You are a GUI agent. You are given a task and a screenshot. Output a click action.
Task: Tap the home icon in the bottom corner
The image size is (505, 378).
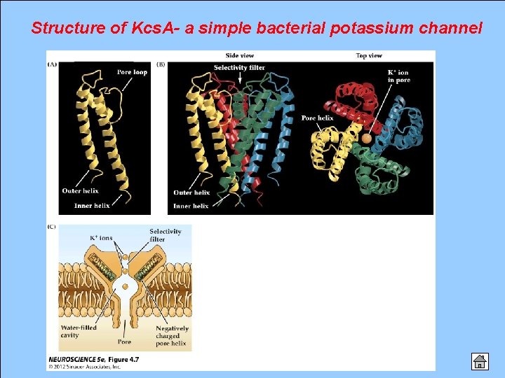click(x=480, y=360)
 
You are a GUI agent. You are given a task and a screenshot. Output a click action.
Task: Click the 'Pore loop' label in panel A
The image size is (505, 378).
click(x=132, y=72)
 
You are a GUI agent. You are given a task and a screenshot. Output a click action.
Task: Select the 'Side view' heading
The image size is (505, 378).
click(x=240, y=55)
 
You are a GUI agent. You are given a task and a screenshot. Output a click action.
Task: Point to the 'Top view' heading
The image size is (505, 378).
click(x=369, y=55)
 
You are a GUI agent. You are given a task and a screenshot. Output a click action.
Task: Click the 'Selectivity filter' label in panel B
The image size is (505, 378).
click(x=239, y=67)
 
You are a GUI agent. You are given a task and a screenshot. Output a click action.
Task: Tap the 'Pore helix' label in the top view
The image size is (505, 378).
click(x=317, y=118)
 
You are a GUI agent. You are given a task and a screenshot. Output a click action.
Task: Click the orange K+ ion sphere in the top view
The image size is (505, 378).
click(x=366, y=139)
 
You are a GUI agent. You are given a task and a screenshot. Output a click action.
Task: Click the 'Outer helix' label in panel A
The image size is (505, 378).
click(x=81, y=191)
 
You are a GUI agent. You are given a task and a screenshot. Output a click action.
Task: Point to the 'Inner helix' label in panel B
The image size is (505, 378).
click(x=191, y=206)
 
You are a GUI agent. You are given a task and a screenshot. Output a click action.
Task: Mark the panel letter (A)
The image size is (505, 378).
click(x=52, y=64)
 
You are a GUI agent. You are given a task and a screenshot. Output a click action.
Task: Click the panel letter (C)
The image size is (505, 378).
click(x=52, y=226)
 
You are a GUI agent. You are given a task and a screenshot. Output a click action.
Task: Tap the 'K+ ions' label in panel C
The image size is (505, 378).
click(x=100, y=238)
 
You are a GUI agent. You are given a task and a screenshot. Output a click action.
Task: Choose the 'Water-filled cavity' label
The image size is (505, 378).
click(x=79, y=331)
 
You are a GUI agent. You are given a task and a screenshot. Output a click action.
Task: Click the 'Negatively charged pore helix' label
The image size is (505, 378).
click(x=172, y=335)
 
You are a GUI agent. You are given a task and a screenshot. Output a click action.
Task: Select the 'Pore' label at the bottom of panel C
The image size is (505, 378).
click(x=124, y=342)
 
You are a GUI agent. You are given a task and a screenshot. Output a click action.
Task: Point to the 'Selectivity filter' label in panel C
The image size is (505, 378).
click(x=165, y=235)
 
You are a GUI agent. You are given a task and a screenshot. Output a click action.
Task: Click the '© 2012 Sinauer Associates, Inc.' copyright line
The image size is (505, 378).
click(x=85, y=366)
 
